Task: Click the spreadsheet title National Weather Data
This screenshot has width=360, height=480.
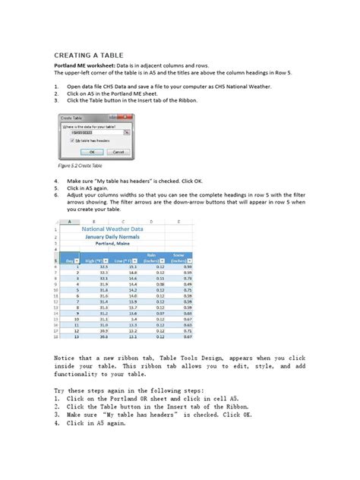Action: pyautogui.click(x=125, y=227)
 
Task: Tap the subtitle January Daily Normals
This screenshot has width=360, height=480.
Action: pyautogui.click(x=125, y=236)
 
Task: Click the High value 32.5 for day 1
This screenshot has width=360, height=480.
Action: pyautogui.click(x=103, y=267)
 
